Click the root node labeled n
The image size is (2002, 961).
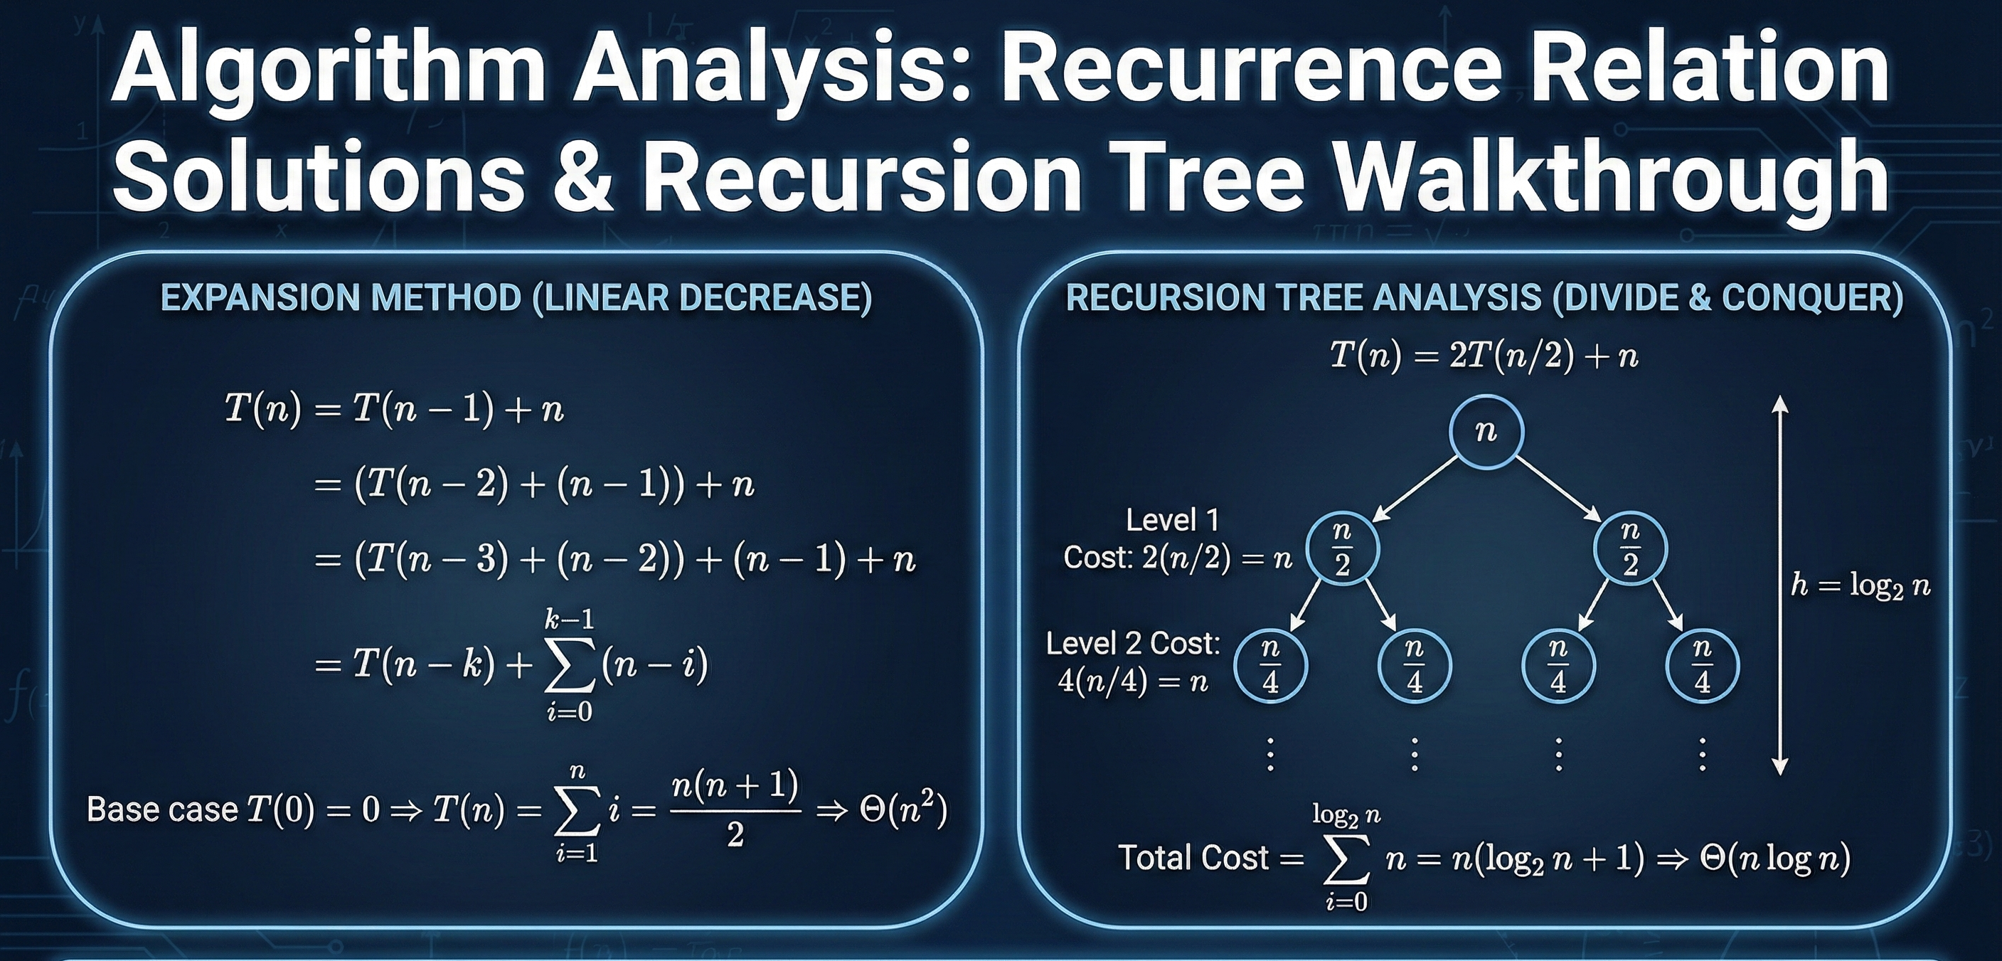click(1486, 432)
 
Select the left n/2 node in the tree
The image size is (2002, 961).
click(1342, 549)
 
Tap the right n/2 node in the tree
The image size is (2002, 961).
click(1630, 549)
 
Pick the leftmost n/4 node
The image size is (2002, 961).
click(1270, 667)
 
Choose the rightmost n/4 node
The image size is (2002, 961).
click(1702, 667)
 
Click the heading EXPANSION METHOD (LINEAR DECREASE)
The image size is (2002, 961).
click(516, 298)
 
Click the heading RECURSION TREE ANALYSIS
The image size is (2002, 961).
click(1484, 298)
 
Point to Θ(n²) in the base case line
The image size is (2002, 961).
click(903, 811)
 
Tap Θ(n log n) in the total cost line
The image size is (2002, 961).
click(1774, 858)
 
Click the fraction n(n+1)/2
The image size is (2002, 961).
click(735, 809)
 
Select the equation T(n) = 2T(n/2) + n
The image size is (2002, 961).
click(1484, 356)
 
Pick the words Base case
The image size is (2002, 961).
click(161, 809)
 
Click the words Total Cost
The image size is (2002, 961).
click(1194, 858)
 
